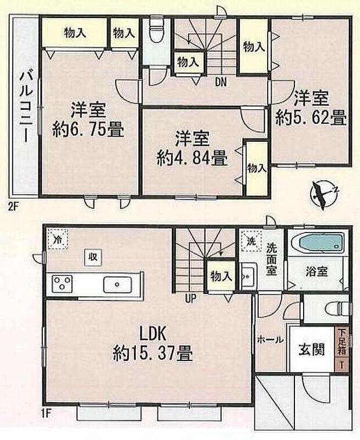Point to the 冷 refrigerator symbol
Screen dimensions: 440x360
[57, 239]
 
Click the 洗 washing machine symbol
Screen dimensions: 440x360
[250, 240]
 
